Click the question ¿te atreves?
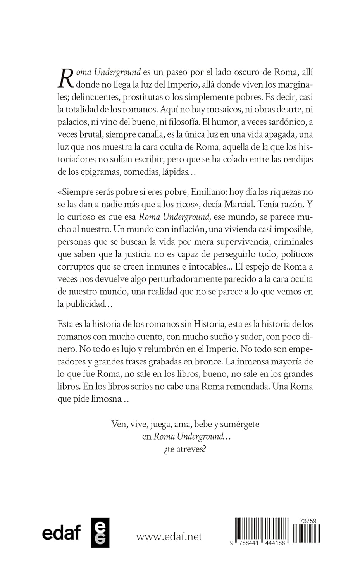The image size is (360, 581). [185, 449]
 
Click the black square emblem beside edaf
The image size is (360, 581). [100, 533]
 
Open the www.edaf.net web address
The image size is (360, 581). [169, 536]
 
